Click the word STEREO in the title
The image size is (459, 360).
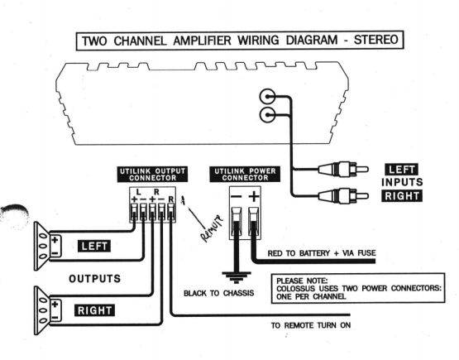point(375,40)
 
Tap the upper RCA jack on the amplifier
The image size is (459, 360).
point(267,96)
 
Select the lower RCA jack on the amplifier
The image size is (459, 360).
point(267,115)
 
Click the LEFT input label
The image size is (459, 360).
point(402,170)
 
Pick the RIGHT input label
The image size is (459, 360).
point(402,195)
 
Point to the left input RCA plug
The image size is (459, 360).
point(342,169)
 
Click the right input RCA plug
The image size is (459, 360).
point(342,195)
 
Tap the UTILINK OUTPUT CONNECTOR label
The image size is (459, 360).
point(152,175)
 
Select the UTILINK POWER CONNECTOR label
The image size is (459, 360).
point(245,175)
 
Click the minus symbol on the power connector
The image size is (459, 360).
point(236,196)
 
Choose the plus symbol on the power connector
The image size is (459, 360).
point(254,196)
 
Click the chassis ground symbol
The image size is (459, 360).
point(237,277)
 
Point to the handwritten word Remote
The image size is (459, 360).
point(212,229)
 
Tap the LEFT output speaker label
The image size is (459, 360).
point(94,246)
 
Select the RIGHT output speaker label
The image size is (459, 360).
point(94,310)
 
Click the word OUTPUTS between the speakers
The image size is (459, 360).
point(94,279)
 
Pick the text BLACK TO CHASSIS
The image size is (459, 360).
point(218,293)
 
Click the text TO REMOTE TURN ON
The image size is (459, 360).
point(311,325)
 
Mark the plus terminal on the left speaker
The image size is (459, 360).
point(55,240)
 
